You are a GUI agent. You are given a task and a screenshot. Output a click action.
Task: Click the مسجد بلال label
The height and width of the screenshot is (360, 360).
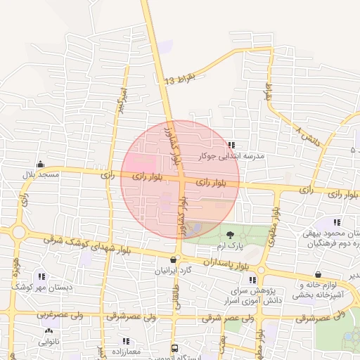[39, 174]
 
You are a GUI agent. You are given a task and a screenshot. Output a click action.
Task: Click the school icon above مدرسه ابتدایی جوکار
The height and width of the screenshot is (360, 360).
[231, 146]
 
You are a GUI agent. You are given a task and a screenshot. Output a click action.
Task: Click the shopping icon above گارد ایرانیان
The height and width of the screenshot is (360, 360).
[173, 259]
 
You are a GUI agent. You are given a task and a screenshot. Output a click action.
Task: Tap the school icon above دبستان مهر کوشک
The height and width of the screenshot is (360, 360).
[41, 277]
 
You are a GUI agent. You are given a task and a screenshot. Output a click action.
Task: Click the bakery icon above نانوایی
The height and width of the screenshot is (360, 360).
[49, 331]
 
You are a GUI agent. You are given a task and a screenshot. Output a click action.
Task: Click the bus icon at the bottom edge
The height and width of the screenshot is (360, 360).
[174, 348]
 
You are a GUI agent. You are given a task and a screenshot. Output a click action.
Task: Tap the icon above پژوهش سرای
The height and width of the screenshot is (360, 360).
[252, 279]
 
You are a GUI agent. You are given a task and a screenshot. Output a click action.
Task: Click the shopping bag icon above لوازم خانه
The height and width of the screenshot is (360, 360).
[319, 274]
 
